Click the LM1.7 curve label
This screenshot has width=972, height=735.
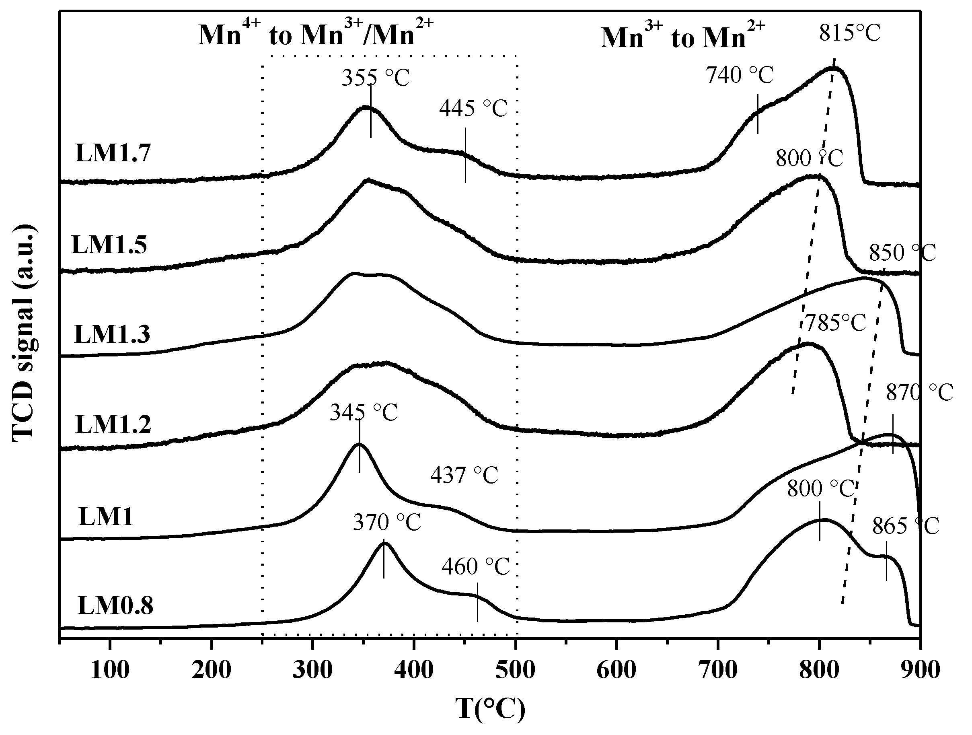(113, 153)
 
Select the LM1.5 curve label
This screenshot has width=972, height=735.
(109, 245)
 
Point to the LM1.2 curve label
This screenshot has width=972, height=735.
(113, 425)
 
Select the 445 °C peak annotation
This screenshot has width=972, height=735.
(473, 108)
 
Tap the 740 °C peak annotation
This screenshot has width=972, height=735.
(740, 75)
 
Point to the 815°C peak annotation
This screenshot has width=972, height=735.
(850, 33)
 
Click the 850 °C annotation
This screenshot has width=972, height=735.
(902, 253)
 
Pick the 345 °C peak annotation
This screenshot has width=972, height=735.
(364, 412)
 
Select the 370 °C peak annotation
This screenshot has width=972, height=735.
(387, 523)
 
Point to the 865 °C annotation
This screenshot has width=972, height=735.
(905, 525)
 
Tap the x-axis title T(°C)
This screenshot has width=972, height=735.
(489, 708)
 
